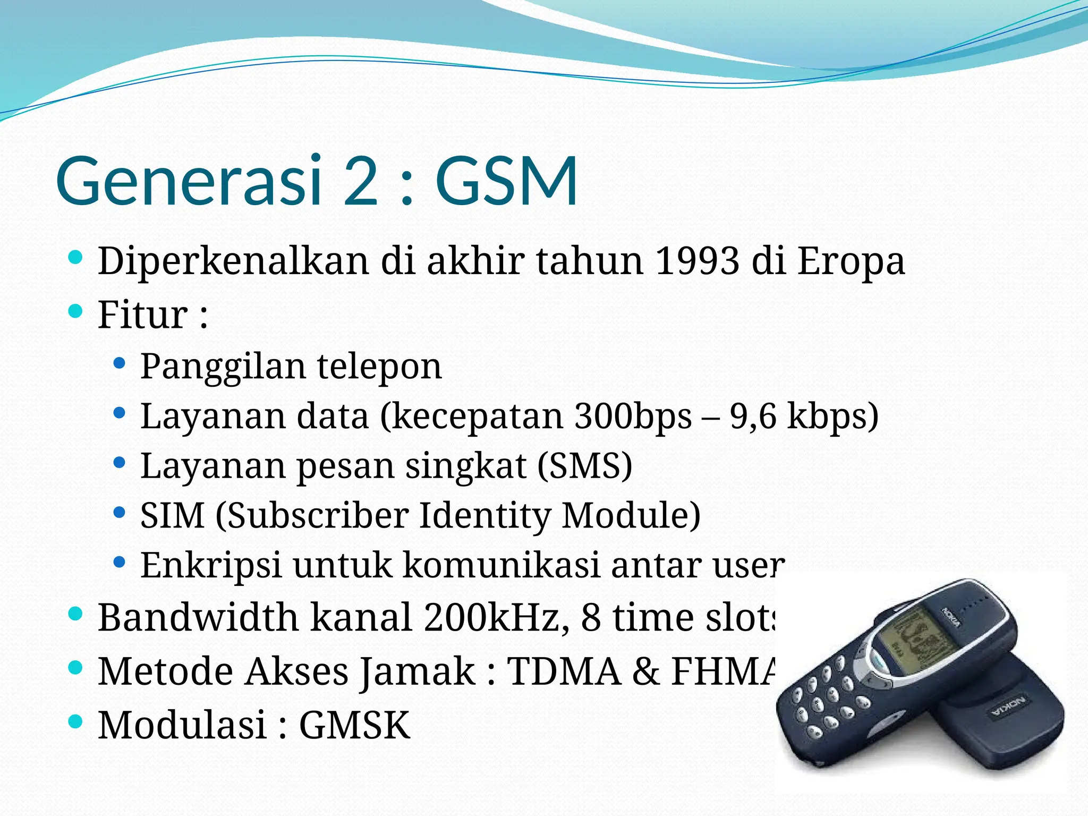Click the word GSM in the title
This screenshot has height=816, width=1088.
(x=506, y=181)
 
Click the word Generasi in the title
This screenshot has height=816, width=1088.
(x=189, y=181)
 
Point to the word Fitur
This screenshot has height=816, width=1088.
(x=142, y=314)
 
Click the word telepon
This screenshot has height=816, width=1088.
(x=379, y=367)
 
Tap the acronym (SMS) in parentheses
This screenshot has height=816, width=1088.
(x=584, y=466)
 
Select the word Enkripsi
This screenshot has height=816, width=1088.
(x=211, y=565)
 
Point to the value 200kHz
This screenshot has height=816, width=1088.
(x=496, y=617)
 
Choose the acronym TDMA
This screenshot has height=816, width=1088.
(x=564, y=671)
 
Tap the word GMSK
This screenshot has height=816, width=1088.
(x=354, y=725)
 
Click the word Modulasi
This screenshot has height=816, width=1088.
(x=182, y=725)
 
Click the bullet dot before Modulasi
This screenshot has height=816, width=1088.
(x=76, y=721)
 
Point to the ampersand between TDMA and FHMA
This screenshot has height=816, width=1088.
(x=645, y=671)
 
